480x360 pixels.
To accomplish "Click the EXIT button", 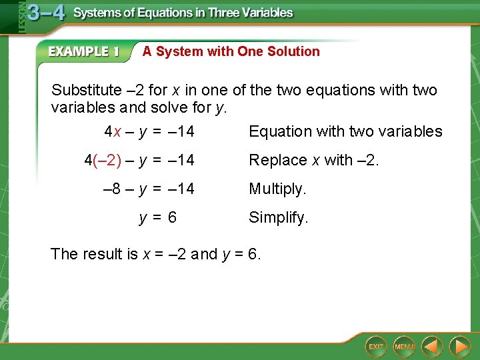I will point(377,347).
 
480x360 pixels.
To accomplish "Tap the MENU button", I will point(404,347).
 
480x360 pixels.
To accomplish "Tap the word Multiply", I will point(277,189).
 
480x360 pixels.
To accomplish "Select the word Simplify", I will point(279,217).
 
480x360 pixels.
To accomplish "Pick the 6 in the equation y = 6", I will point(173,217).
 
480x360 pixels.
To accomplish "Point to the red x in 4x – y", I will point(117,132).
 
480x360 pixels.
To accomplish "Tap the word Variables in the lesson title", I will point(265,13).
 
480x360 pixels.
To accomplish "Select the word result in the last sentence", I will point(104,254).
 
